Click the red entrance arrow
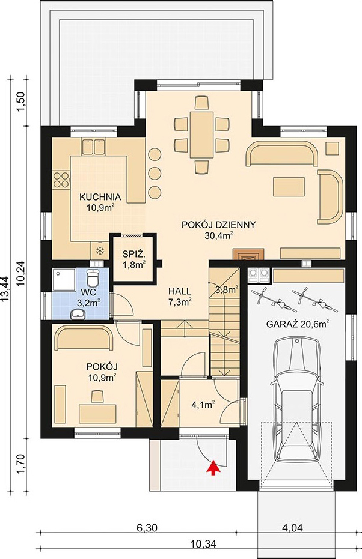pyautogui.click(x=213, y=467)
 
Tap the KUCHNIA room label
pyautogui.click(x=100, y=197)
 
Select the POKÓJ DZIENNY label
pyautogui.click(x=219, y=225)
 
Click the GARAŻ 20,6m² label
pyautogui.click(x=298, y=324)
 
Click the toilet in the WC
pyautogui.click(x=94, y=279)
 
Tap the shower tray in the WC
pyautogui.click(x=64, y=280)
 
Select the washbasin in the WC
pyautogui.click(x=78, y=314)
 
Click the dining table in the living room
pyautogui.click(x=201, y=134)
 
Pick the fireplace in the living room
pyautogui.click(x=249, y=254)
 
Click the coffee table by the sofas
pyautogui.click(x=289, y=187)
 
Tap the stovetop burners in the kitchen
pyautogui.click(x=61, y=180)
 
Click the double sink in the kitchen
pyautogui.click(x=94, y=147)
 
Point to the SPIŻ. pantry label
pyautogui.click(x=133, y=254)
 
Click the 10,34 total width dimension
pyautogui.click(x=203, y=544)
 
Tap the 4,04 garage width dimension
pyautogui.click(x=292, y=527)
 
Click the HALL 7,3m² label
pyautogui.click(x=180, y=297)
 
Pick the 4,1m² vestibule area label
pyautogui.click(x=203, y=405)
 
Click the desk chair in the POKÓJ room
pyautogui.click(x=97, y=397)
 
